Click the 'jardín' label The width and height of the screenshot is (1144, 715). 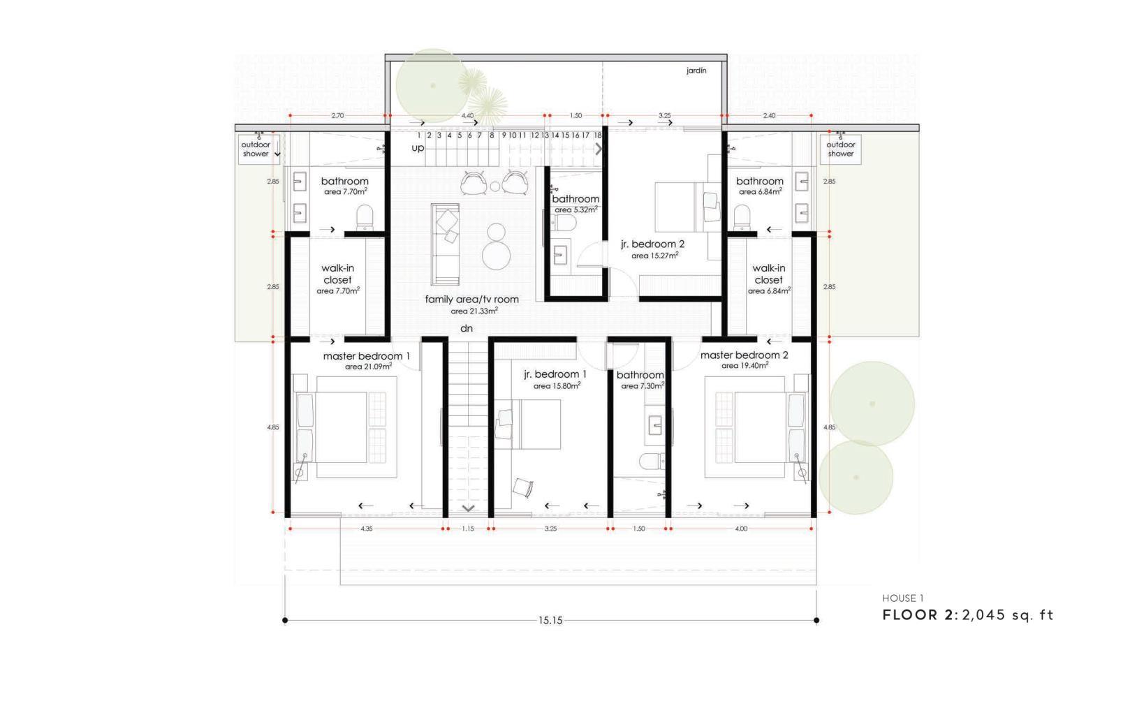[x=696, y=71]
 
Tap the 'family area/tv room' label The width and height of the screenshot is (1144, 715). [x=471, y=300]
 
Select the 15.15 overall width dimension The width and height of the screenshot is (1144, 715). [x=550, y=621]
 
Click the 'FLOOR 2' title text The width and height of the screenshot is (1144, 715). [x=918, y=615]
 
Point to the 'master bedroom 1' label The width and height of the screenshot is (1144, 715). [x=366, y=356]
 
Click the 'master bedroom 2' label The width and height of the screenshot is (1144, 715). [x=744, y=355]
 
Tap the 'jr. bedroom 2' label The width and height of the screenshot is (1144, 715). [x=653, y=244]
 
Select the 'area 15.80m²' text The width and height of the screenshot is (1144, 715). [x=557, y=385]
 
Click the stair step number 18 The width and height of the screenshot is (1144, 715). [x=598, y=135]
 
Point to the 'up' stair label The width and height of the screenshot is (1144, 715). [x=418, y=148]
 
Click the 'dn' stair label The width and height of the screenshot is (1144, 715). [x=467, y=328]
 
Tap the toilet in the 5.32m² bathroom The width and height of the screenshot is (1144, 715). [x=564, y=223]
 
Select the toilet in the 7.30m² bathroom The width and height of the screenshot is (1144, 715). [x=652, y=461]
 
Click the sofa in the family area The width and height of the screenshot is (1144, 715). [x=445, y=244]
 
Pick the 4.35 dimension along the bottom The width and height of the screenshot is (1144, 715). [x=366, y=529]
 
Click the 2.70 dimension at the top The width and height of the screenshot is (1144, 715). [x=337, y=115]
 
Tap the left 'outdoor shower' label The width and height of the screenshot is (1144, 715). [x=256, y=149]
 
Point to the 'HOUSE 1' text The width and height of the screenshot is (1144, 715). [x=902, y=598]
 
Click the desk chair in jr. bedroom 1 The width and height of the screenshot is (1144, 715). [x=523, y=487]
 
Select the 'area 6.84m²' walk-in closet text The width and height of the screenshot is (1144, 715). [x=769, y=290]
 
